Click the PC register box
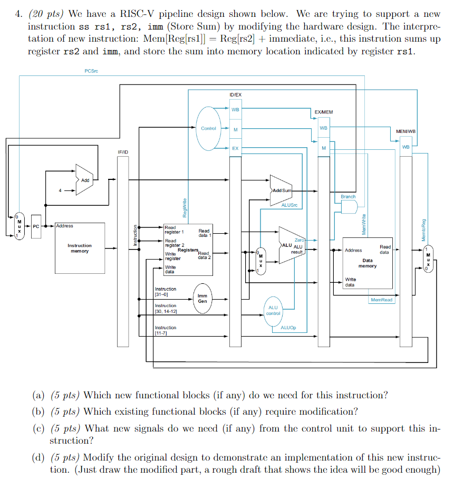tap(36, 226)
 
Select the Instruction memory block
tap(79, 247)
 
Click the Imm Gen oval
tap(202, 299)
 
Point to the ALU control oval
tap(273, 310)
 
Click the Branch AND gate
tap(348, 207)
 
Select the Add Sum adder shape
tap(281, 190)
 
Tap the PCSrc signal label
tap(91, 71)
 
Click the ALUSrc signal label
tap(289, 205)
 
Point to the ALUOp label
tap(288, 328)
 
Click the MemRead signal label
tap(381, 300)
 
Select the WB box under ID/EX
tap(235, 110)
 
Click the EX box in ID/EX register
tap(235, 148)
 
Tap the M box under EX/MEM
tap(323, 148)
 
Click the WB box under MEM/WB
tap(406, 147)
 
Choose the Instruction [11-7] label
tap(165, 330)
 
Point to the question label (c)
tap(38, 428)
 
